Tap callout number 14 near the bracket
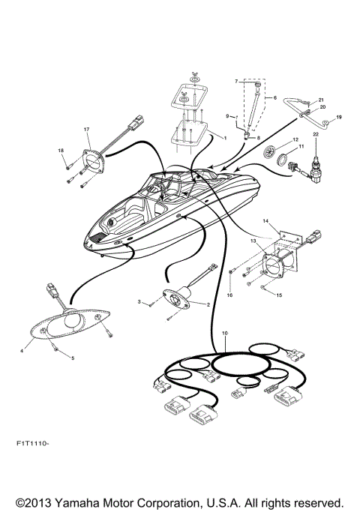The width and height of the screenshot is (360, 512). tap(264, 221)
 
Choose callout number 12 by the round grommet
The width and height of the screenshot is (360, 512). tap(295, 140)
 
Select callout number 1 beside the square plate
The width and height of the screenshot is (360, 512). tap(226, 137)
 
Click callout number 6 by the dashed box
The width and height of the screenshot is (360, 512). tap(274, 97)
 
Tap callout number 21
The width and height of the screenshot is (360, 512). tap(319, 100)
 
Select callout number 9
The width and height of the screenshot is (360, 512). tap(229, 116)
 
